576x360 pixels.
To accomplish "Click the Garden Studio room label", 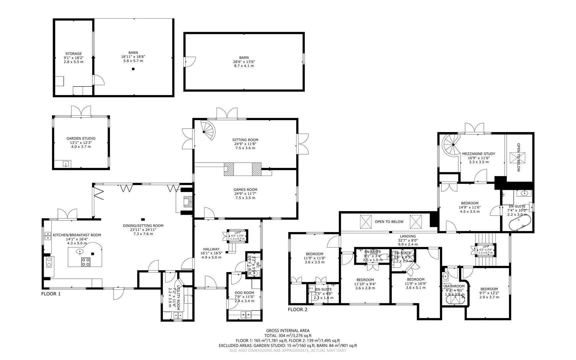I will pyautogui.click(x=81, y=138).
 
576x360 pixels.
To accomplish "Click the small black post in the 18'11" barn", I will pyautogui.click(x=133, y=69).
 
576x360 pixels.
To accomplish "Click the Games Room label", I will pyautogui.click(x=245, y=190).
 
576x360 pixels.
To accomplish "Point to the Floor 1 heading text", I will pyautogui.click(x=51, y=294).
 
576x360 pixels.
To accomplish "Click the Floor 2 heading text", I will pyautogui.click(x=297, y=310).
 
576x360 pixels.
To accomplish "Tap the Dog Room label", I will pyautogui.click(x=244, y=293).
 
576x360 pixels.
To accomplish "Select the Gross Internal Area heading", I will pyautogui.click(x=288, y=331).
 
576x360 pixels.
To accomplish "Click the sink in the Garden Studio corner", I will pyautogui.click(x=66, y=164).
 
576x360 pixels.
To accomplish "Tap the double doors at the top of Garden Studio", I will pyautogui.click(x=81, y=111).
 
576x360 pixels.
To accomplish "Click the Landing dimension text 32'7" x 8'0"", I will pyautogui.click(x=407, y=240).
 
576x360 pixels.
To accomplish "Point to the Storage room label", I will pyautogui.click(x=73, y=54).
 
